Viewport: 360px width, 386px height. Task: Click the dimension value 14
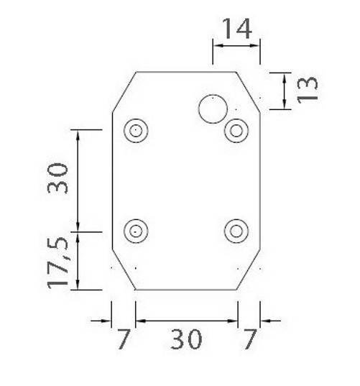pyautogui.click(x=236, y=29)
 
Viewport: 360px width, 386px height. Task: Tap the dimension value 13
pyautogui.click(x=307, y=88)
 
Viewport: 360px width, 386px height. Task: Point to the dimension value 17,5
pyautogui.click(x=60, y=262)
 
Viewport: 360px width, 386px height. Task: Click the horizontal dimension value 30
pyautogui.click(x=186, y=339)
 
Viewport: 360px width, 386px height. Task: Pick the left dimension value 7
pyautogui.click(x=124, y=339)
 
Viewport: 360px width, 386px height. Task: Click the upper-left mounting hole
pyautogui.click(x=135, y=131)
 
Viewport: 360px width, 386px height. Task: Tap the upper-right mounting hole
pyautogui.click(x=236, y=131)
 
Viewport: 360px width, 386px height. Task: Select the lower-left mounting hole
pyautogui.click(x=135, y=231)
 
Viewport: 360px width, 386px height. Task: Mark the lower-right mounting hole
pyautogui.click(x=236, y=231)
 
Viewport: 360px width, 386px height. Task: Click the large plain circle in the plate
pyautogui.click(x=213, y=109)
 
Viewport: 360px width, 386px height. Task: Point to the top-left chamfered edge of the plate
pyautogui.click(x=124, y=91)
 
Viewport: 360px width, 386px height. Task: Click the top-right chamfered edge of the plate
pyautogui.click(x=249, y=91)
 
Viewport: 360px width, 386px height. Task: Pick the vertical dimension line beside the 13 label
pyautogui.click(x=285, y=90)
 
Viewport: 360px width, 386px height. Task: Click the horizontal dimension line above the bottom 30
pyautogui.click(x=186, y=321)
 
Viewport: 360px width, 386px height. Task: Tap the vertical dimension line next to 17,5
pyautogui.click(x=78, y=260)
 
